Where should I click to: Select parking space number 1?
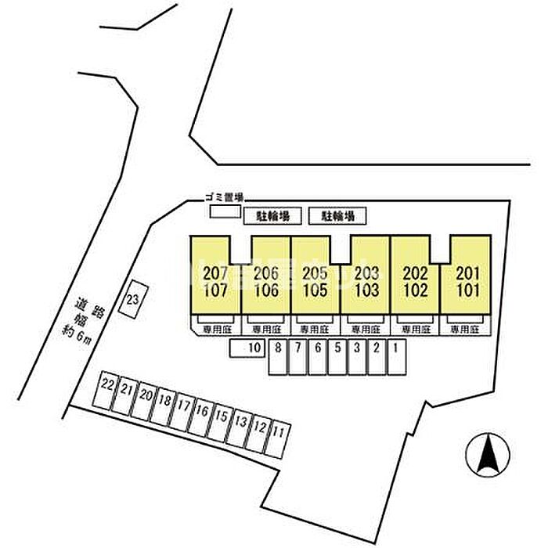397,357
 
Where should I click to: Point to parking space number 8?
278,359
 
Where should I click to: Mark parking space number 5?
337,358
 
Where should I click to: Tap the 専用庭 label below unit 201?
465,330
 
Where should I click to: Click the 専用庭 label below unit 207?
215,330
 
